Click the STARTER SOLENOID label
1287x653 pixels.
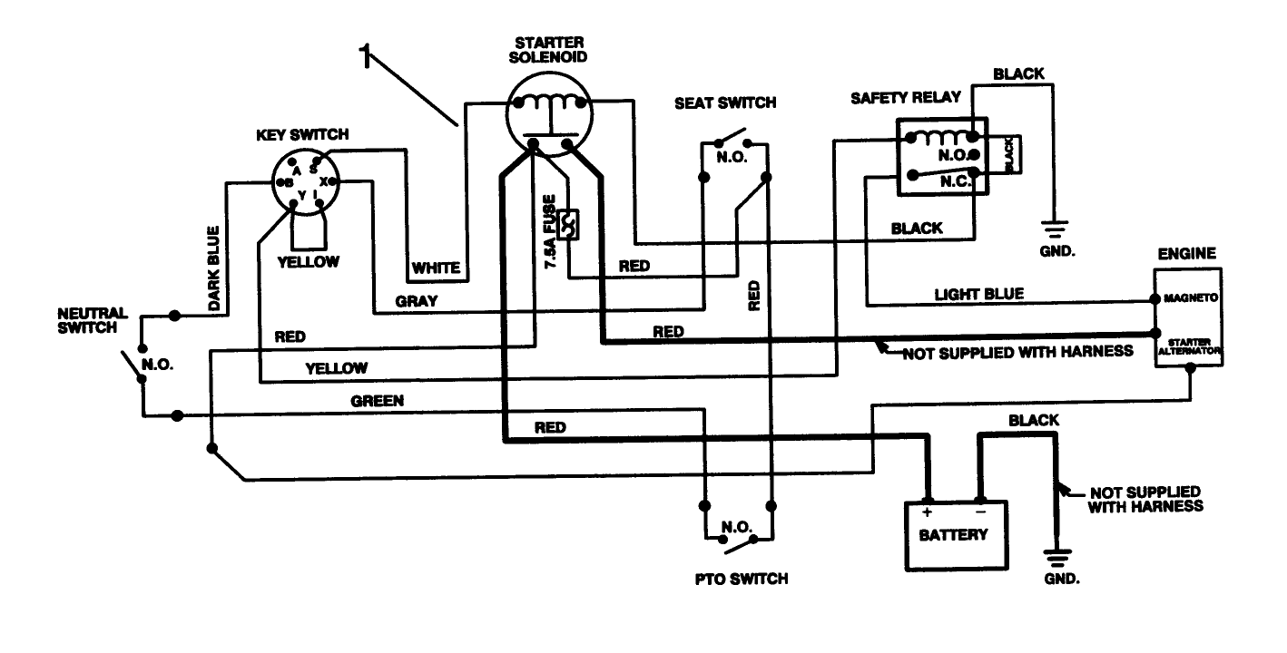click(x=550, y=49)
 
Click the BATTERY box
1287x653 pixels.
click(x=952, y=534)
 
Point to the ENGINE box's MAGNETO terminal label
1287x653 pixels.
click(x=1190, y=297)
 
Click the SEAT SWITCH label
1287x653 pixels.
click(x=725, y=102)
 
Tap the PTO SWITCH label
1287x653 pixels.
click(x=736, y=579)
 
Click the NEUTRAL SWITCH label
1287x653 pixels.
click(x=93, y=320)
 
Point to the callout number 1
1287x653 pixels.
click(x=365, y=56)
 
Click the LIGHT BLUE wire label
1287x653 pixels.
click(x=978, y=294)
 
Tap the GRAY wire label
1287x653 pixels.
click(x=417, y=300)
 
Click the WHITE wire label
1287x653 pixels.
click(x=437, y=268)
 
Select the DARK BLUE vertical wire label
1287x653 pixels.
click(x=214, y=268)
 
